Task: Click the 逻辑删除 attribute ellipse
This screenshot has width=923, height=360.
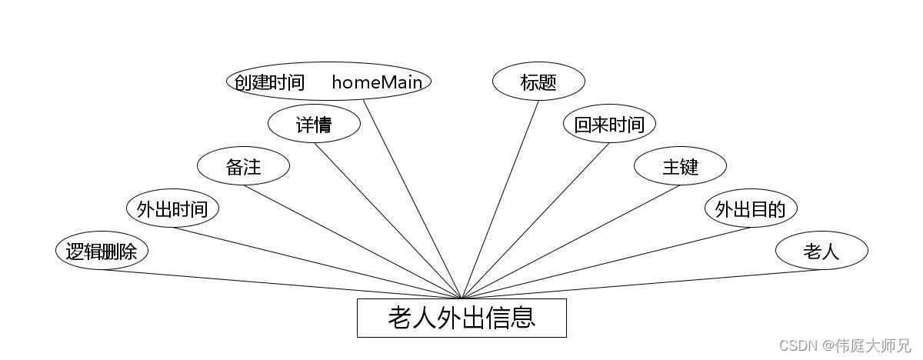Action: click(102, 251)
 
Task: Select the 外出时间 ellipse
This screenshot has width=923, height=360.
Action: click(172, 209)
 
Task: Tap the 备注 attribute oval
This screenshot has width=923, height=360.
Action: click(243, 167)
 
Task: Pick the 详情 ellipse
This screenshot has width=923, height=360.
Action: click(314, 125)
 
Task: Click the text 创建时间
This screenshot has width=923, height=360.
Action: click(269, 82)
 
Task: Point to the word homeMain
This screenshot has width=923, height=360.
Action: click(377, 82)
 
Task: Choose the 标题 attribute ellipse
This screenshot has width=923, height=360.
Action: click(538, 82)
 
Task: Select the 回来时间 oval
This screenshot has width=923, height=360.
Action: click(609, 125)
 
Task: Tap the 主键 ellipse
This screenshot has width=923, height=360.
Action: click(680, 167)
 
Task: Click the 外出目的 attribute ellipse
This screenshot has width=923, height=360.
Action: click(751, 209)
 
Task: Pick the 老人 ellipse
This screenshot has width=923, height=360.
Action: click(821, 251)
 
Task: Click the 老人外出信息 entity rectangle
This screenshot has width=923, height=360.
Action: click(461, 318)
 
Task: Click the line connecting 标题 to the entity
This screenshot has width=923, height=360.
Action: click(500, 199)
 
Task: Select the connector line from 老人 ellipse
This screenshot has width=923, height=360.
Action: click(641, 284)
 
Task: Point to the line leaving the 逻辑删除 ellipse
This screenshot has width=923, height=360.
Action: click(282, 284)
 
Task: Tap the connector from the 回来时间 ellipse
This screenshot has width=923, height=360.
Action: click(535, 221)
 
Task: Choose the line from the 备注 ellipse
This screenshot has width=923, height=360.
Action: click(352, 242)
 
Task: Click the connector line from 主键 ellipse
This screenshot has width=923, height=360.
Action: click(571, 242)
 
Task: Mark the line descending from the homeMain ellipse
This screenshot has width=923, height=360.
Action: click(412, 199)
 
